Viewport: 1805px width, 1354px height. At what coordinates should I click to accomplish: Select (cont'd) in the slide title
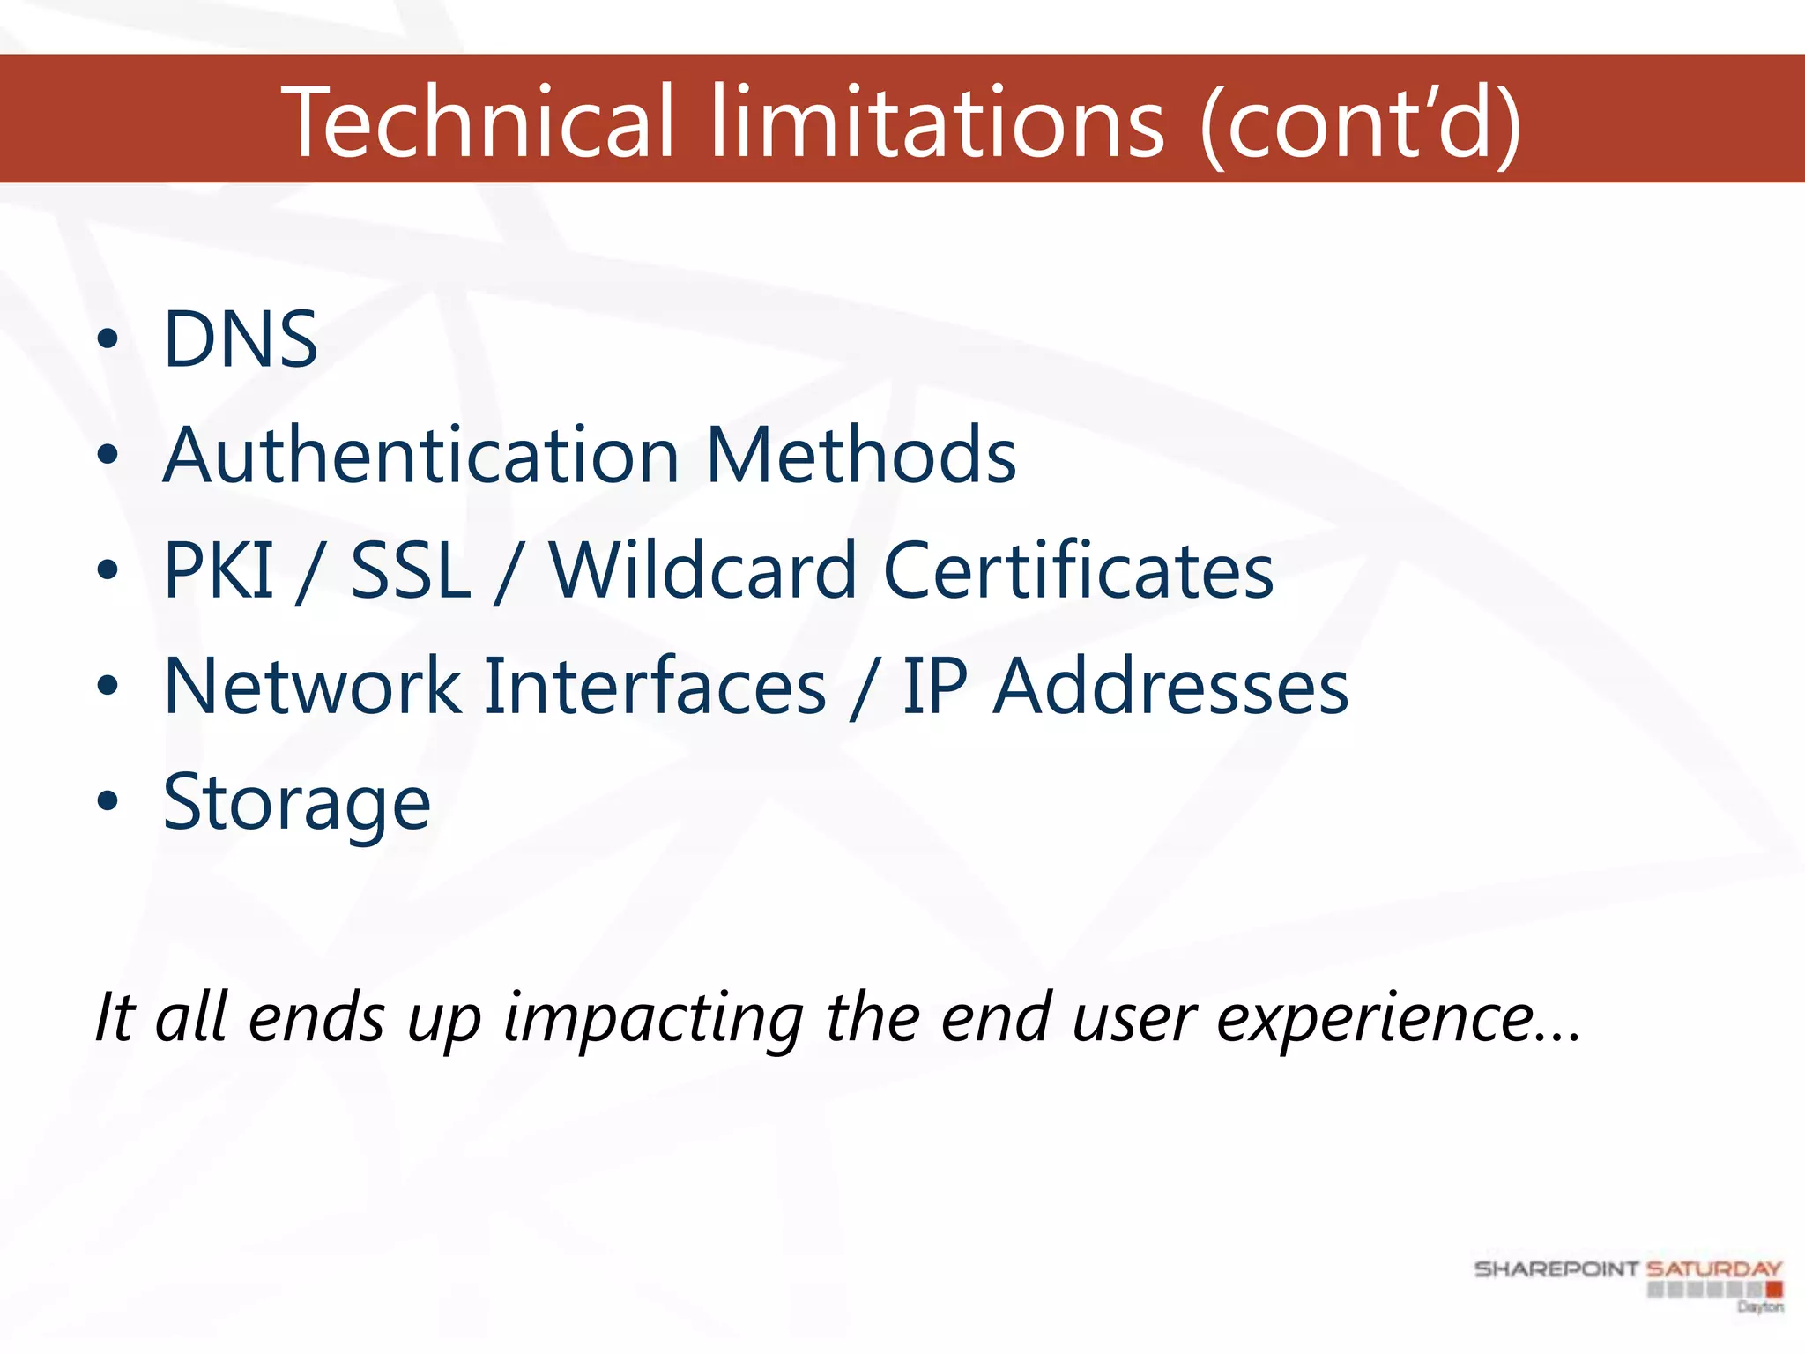(x=1362, y=123)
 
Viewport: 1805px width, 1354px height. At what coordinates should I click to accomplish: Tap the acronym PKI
(x=219, y=570)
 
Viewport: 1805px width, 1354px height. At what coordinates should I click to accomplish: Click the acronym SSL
(x=411, y=570)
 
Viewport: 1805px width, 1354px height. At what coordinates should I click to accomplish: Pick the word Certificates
(x=1078, y=570)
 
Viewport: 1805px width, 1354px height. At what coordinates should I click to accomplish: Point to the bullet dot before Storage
(x=108, y=802)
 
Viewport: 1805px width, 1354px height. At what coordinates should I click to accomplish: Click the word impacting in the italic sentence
(x=653, y=1019)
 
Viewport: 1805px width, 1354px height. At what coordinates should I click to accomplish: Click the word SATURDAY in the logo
(x=1714, y=1269)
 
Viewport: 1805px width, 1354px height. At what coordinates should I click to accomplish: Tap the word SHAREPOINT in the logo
(x=1556, y=1269)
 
